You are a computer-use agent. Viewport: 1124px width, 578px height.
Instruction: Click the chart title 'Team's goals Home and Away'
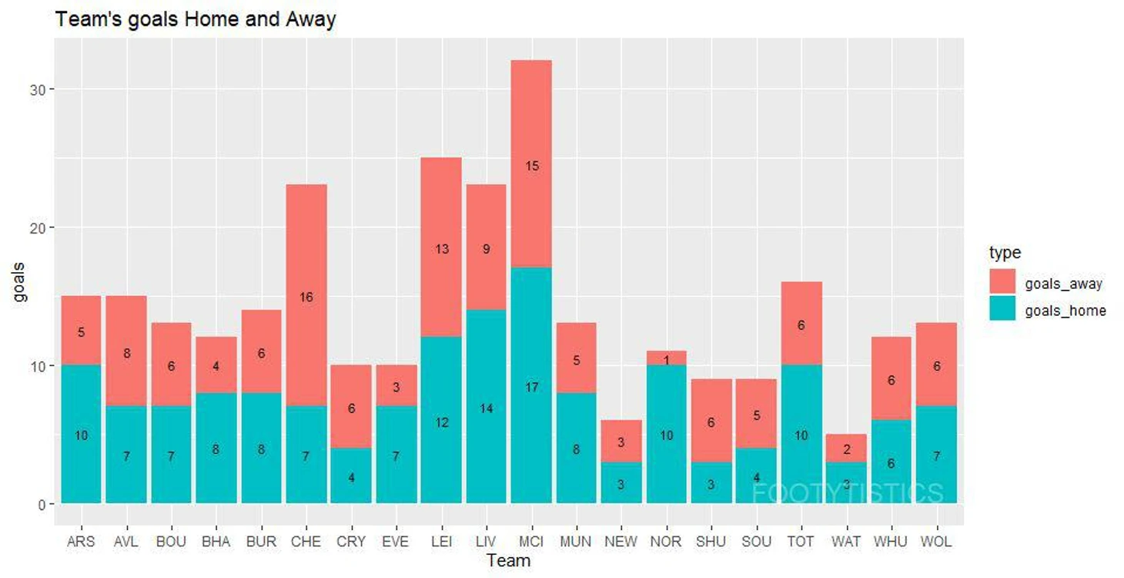pyautogui.click(x=196, y=19)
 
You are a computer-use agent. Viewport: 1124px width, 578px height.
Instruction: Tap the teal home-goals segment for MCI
pyautogui.click(x=531, y=385)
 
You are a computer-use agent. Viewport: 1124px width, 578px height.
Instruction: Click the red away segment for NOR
pyautogui.click(x=667, y=358)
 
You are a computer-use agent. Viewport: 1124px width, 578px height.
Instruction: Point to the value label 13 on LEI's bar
pyautogui.click(x=442, y=248)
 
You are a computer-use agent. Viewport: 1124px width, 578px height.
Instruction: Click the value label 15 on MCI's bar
pyautogui.click(x=531, y=166)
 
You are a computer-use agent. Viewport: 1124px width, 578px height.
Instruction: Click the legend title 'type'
pyautogui.click(x=1005, y=253)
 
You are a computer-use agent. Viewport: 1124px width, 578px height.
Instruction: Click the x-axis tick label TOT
pyautogui.click(x=801, y=542)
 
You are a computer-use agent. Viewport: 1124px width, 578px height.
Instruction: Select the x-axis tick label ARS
pyautogui.click(x=81, y=542)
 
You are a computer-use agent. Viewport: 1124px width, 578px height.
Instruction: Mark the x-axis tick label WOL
pyautogui.click(x=936, y=542)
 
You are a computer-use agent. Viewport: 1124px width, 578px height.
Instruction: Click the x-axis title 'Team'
pyautogui.click(x=508, y=560)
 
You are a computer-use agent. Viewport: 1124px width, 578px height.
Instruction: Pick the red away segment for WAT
pyautogui.click(x=846, y=449)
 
